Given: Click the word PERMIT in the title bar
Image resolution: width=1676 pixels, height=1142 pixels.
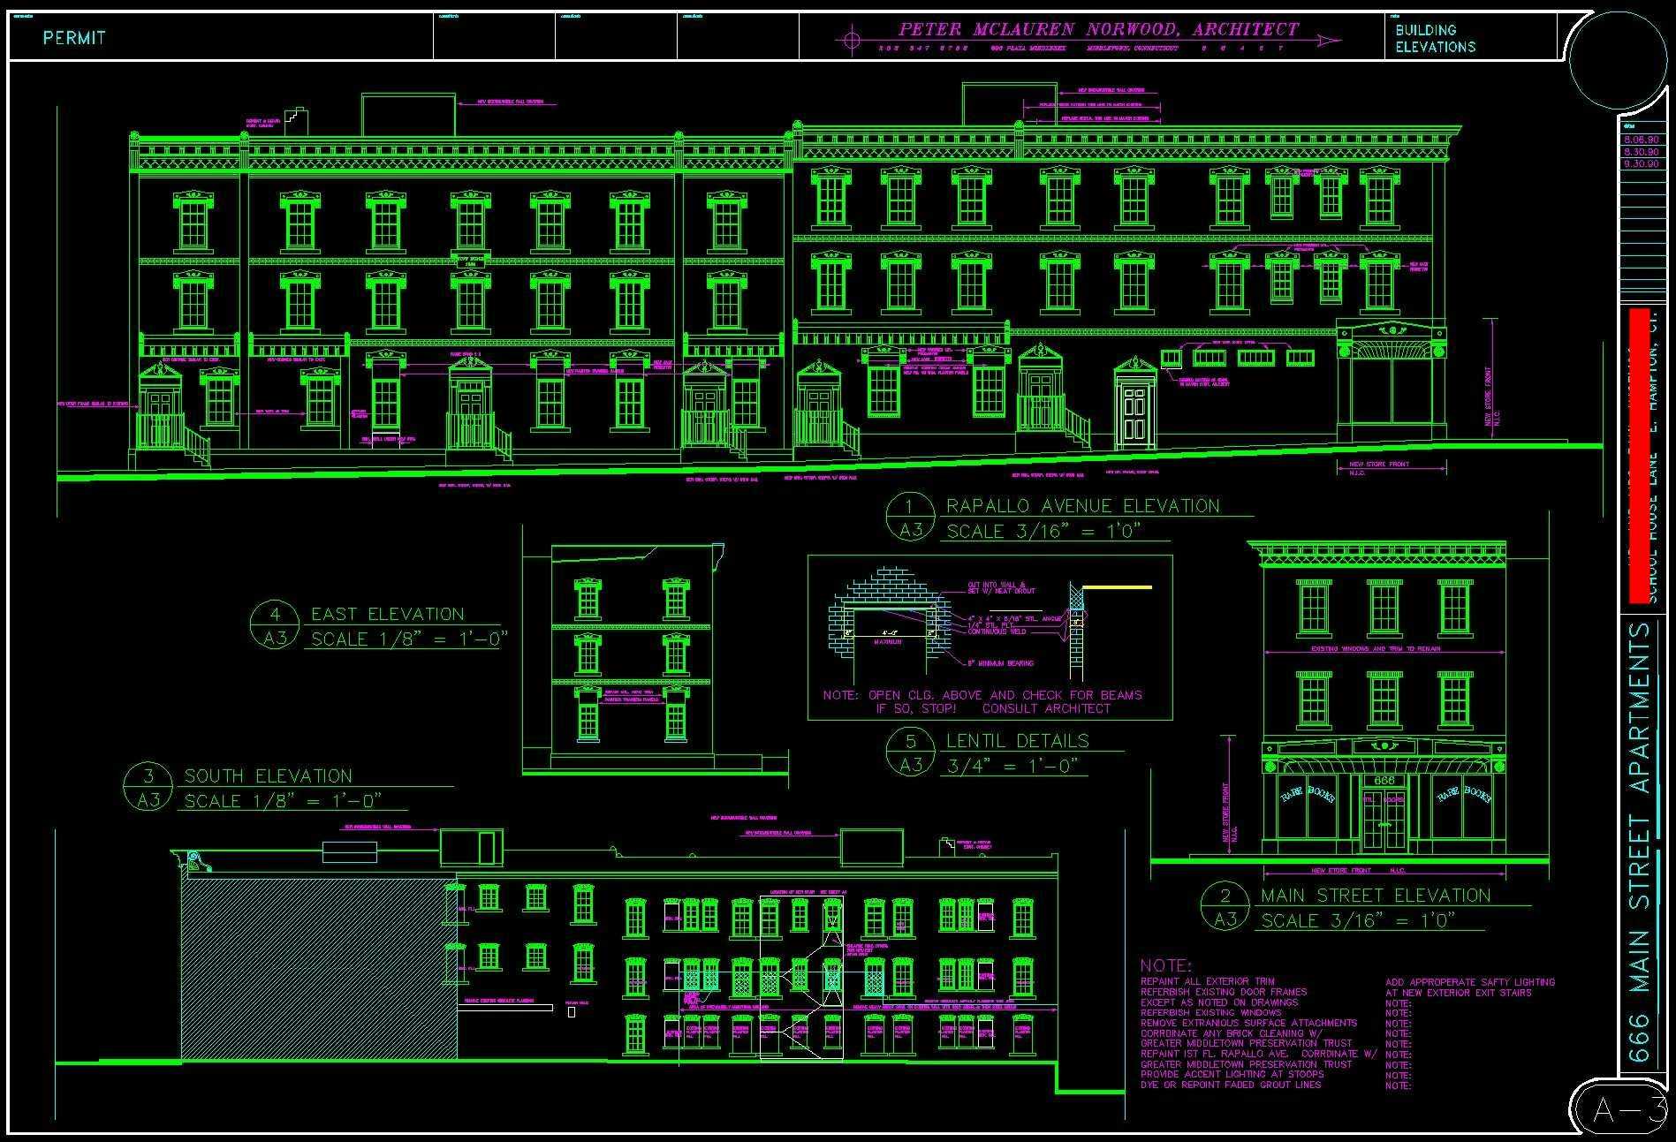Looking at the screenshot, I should [74, 38].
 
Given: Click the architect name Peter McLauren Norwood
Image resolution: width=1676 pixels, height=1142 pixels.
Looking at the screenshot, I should [1098, 30].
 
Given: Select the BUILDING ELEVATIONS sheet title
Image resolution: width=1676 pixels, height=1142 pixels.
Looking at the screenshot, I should [1435, 38].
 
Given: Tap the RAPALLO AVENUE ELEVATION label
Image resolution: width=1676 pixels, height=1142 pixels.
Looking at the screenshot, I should [1082, 506].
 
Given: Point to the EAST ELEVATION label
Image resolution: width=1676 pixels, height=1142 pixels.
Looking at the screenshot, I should [387, 615].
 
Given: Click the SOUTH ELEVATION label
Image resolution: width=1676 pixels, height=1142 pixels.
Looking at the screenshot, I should [268, 776].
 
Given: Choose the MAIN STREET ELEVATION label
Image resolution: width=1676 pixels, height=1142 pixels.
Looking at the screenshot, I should [1375, 896].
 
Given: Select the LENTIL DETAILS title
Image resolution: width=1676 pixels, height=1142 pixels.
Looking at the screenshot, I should [1017, 741].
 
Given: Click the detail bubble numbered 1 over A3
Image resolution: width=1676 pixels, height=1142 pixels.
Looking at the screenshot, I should [911, 518].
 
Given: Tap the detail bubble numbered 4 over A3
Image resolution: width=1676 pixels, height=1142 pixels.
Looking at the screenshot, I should [275, 625].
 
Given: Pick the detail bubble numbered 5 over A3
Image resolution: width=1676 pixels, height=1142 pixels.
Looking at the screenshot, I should [911, 753].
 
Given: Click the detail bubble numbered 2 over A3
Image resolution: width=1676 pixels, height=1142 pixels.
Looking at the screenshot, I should [1225, 907].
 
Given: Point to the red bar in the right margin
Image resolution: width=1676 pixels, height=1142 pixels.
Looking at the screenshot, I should [1640, 455].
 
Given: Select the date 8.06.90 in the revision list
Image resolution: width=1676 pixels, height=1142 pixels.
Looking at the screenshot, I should [1640, 140].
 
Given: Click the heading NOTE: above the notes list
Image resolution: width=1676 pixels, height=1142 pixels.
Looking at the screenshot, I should [1165, 966].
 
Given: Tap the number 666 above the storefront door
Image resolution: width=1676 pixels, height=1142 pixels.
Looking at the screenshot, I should [1384, 781].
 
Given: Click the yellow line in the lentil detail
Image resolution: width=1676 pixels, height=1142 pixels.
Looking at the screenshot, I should [1118, 586].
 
